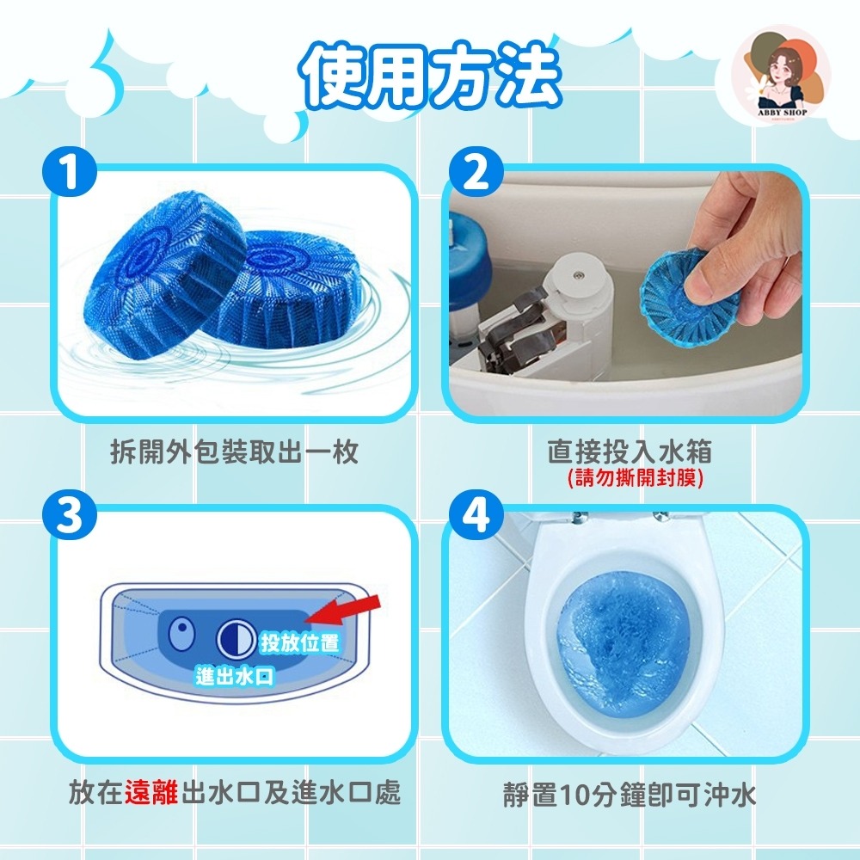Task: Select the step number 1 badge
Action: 70,172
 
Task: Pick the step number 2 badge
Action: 476,172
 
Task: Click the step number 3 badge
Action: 70,514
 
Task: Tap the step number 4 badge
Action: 476,514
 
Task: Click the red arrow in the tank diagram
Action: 343,611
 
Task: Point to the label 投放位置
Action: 299,642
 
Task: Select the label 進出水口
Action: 234,677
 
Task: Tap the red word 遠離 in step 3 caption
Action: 151,793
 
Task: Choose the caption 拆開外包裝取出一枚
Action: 234,452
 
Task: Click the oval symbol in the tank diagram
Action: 182,635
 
